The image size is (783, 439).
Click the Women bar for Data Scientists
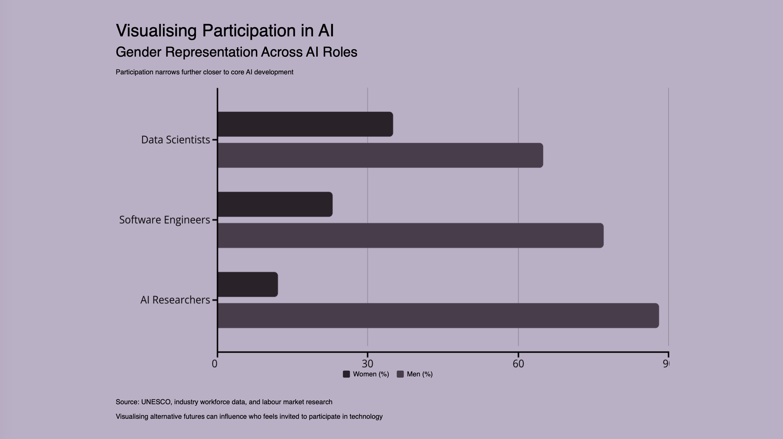305,124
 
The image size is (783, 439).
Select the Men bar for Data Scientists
380,155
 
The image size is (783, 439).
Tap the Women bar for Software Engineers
275,204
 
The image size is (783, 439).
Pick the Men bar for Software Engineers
410,235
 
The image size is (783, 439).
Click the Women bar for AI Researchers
248,284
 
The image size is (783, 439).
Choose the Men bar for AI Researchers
438,316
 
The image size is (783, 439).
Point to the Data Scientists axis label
176,140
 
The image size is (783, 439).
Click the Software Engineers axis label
164,220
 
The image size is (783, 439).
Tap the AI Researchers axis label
175,300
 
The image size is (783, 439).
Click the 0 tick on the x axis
215,364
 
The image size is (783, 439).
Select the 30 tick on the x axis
367,364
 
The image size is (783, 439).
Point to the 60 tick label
518,364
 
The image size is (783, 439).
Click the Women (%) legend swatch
346,374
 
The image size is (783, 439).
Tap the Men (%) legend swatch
400,374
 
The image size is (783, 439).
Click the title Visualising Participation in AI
225,31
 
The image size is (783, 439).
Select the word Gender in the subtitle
138,52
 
